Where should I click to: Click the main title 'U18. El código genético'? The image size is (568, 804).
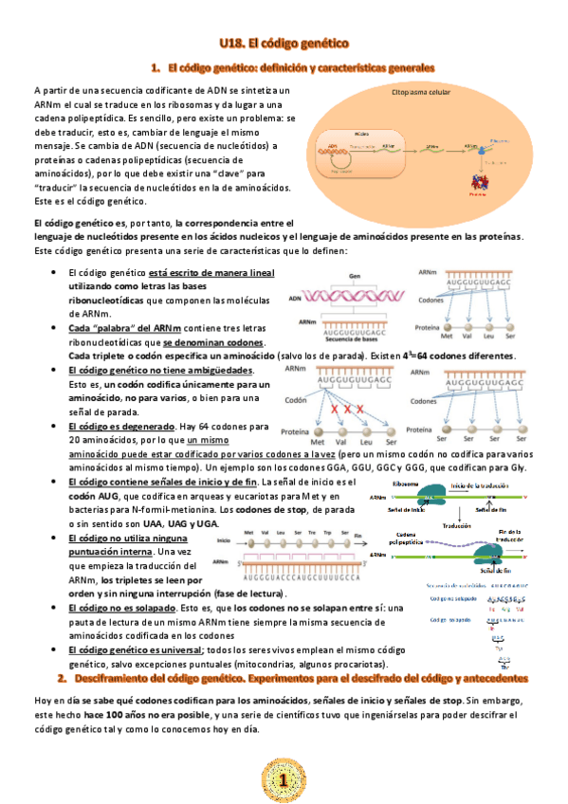pyautogui.click(x=284, y=43)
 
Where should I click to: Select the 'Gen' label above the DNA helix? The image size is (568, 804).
pyautogui.click(x=356, y=275)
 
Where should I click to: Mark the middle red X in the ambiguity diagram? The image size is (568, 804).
pyautogui.click(x=347, y=409)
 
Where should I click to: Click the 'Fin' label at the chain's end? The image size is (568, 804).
pyautogui.click(x=358, y=536)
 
